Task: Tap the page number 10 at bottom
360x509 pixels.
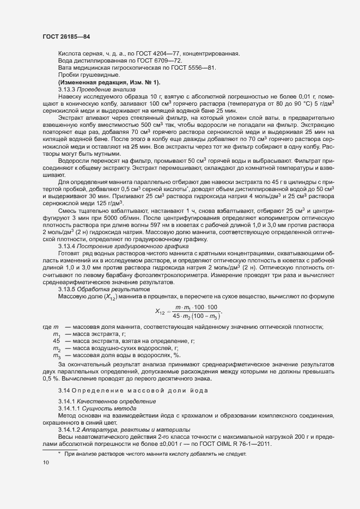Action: click(x=45, y=463)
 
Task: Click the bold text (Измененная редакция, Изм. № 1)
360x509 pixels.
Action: click(x=109, y=82)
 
